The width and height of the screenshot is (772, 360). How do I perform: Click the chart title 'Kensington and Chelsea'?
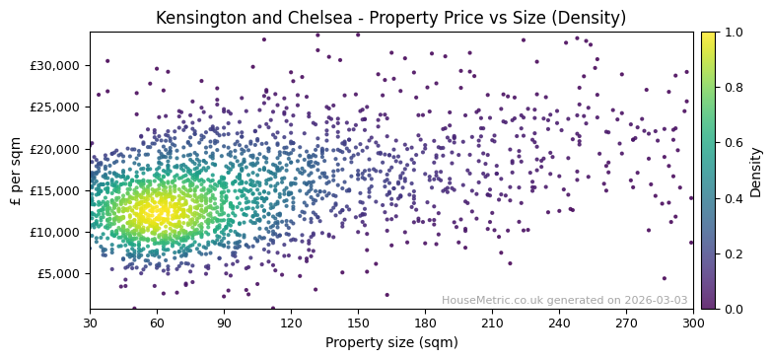[390, 18]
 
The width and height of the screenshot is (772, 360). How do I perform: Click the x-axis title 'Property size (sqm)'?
[390, 343]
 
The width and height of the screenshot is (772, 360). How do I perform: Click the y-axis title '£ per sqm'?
[16, 171]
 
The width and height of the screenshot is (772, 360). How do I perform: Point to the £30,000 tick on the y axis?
[55, 66]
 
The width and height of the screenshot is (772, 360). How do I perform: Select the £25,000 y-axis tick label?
[55, 108]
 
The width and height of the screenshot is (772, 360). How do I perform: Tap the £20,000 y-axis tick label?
[55, 149]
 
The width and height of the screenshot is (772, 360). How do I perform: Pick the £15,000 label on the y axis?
[55, 190]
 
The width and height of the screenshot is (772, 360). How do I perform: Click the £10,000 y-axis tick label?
[55, 232]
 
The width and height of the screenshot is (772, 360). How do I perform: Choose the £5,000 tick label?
[59, 273]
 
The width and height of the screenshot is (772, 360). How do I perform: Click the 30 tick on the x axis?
[90, 323]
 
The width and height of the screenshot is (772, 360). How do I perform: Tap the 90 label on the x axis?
[224, 323]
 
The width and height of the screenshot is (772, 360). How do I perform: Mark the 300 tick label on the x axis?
[693, 323]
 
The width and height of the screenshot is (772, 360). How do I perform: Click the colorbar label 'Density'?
[756, 171]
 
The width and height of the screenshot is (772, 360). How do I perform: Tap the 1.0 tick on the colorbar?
[734, 32]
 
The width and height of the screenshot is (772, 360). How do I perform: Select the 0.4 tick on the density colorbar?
[734, 198]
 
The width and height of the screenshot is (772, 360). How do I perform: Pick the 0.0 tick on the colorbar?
[734, 309]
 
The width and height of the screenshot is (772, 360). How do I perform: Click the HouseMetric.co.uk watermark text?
[564, 300]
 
